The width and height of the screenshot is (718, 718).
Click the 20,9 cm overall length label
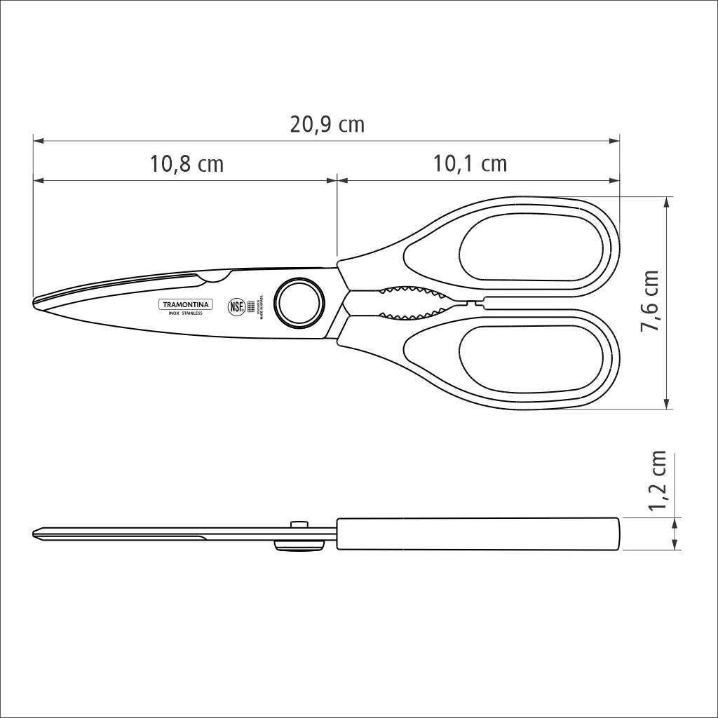(327, 125)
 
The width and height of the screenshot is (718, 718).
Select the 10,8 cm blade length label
(187, 164)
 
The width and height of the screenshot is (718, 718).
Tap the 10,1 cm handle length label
(470, 164)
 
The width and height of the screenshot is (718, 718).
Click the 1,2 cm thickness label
(658, 482)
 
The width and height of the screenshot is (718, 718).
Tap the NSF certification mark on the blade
(236, 306)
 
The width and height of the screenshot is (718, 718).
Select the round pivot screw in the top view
(300, 303)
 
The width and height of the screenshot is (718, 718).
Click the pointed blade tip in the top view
(36, 302)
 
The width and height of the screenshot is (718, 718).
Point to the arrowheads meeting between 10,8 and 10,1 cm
(337, 180)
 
